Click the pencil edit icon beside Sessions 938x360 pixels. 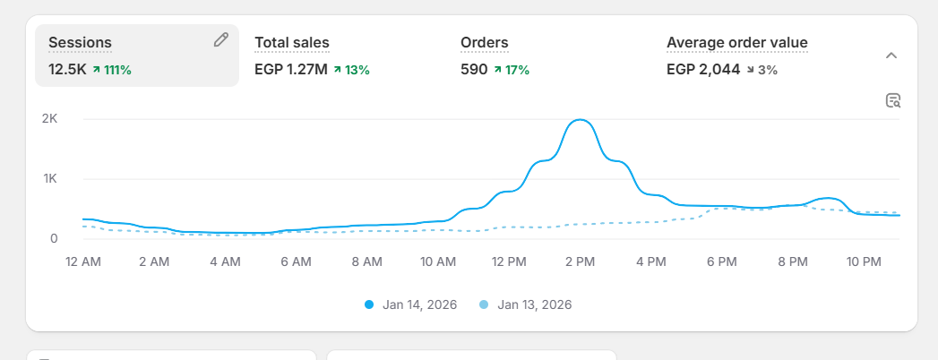point(221,39)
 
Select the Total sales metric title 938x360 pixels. point(292,42)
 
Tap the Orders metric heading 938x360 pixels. point(484,42)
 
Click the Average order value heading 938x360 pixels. point(736,42)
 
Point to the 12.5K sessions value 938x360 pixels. point(67,69)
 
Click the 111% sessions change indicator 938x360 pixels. point(112,69)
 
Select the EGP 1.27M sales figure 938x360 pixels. point(290,69)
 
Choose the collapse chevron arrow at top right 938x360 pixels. point(891,56)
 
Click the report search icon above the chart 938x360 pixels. point(892,100)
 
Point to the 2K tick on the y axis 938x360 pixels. point(49,118)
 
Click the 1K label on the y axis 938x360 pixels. point(49,178)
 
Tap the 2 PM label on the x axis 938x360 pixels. point(580,261)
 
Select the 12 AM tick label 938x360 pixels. point(84,261)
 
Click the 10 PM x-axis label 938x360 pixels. point(863,261)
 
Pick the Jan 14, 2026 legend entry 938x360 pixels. point(412,304)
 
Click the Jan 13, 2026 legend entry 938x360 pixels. point(527,304)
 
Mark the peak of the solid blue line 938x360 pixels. point(580,120)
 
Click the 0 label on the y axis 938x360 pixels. point(54,238)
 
